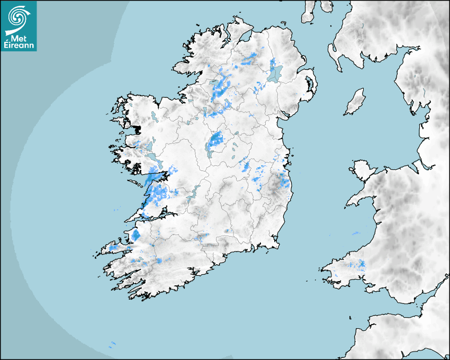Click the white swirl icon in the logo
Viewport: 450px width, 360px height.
(18, 17)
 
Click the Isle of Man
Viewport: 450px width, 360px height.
(355, 102)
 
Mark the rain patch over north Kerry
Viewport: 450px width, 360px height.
(136, 235)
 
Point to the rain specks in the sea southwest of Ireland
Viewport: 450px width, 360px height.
(112, 345)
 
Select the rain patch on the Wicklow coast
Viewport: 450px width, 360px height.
(285, 182)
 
